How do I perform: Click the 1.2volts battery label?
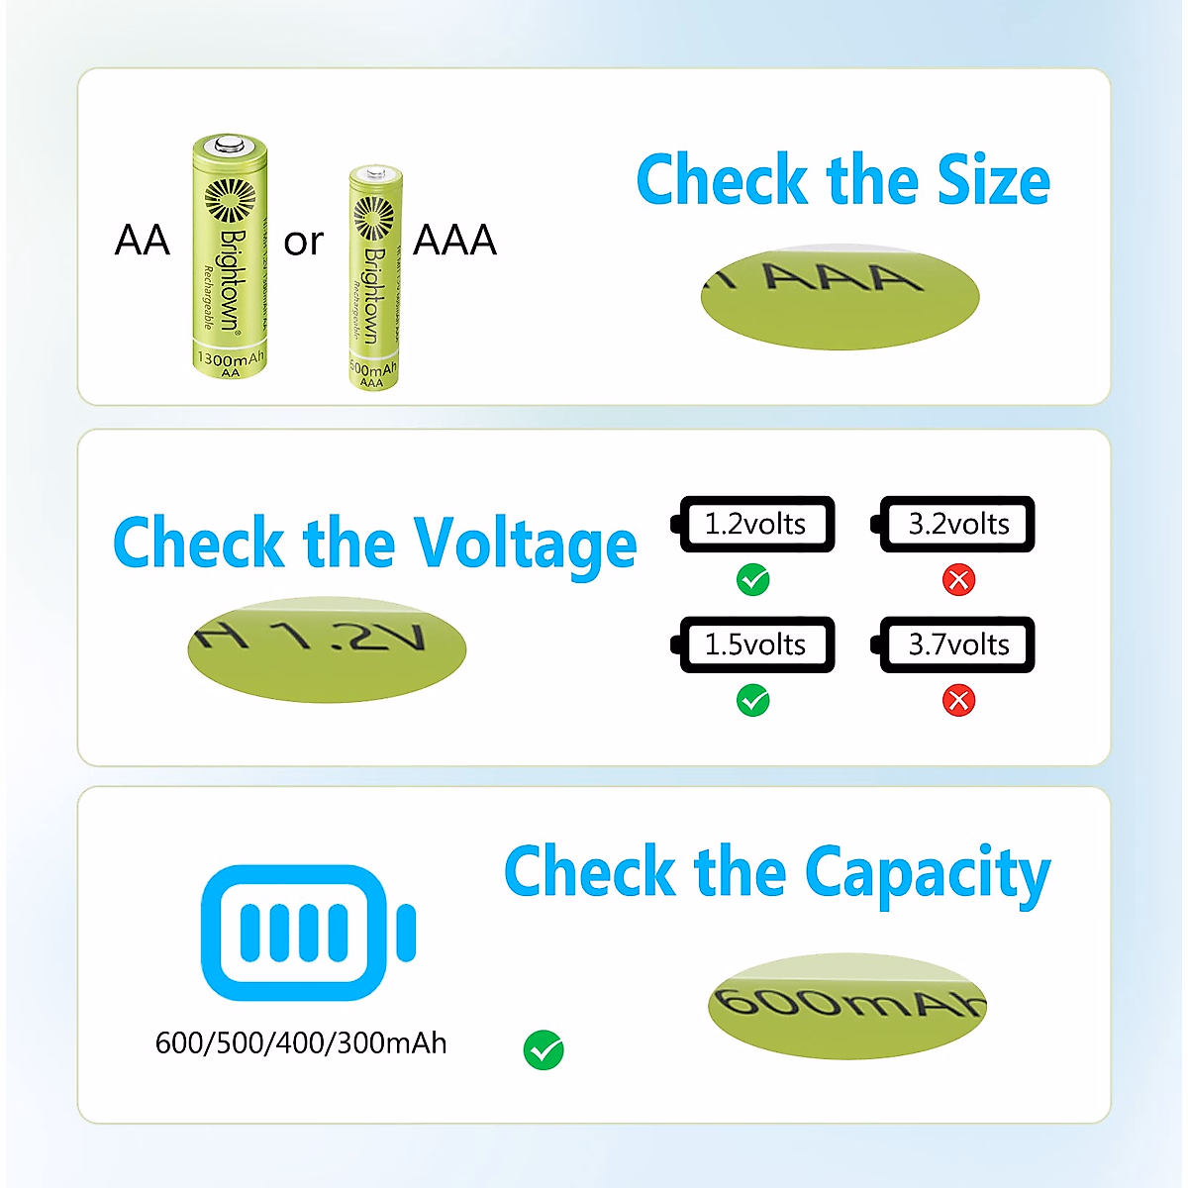[x=755, y=524]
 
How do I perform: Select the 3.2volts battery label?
[x=958, y=524]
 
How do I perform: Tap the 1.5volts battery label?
[x=755, y=644]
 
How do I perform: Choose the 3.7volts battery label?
[x=958, y=644]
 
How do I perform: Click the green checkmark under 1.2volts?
[x=753, y=579]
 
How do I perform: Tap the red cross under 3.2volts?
[x=958, y=579]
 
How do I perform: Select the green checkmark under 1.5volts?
[x=753, y=701]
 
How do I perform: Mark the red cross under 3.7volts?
[x=958, y=701]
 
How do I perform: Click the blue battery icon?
[x=308, y=932]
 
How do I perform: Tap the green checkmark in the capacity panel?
[x=544, y=1050]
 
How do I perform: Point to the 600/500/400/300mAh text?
[x=301, y=1043]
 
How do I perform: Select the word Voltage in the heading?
[x=525, y=544]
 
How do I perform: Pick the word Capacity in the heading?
[x=927, y=873]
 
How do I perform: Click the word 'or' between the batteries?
[x=303, y=242]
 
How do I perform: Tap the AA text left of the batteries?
[x=143, y=241]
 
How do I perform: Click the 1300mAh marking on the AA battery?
[x=231, y=358]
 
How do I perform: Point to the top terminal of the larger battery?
[x=230, y=147]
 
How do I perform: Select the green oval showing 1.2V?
[x=326, y=648]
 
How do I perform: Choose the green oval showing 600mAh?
[x=847, y=1006]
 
